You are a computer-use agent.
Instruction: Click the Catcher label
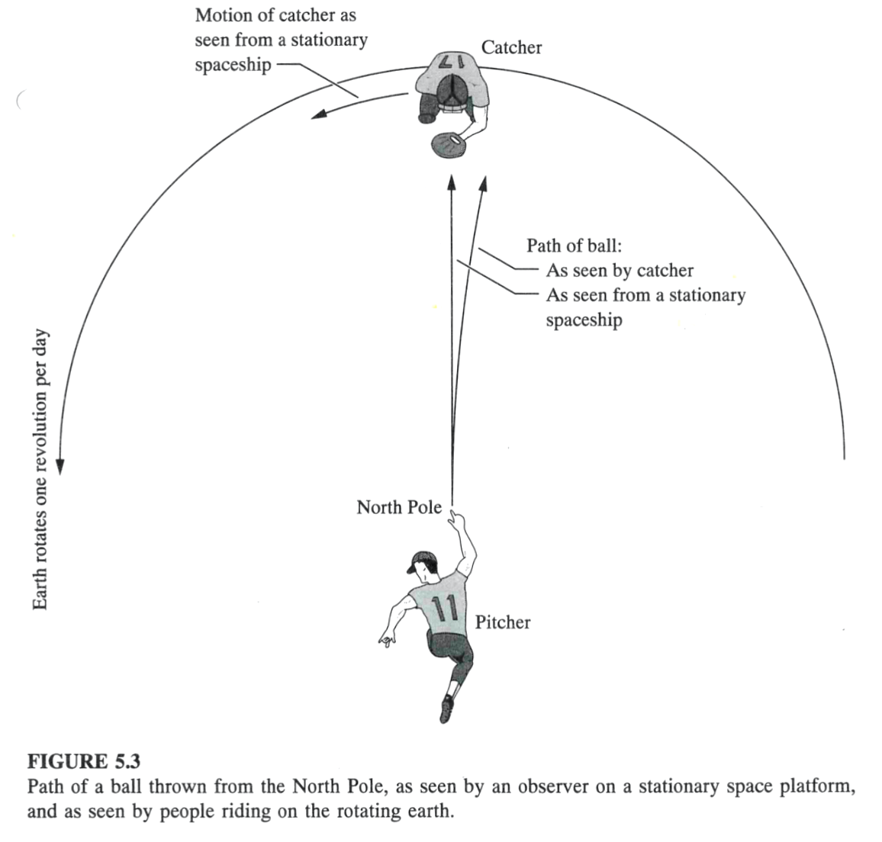(511, 48)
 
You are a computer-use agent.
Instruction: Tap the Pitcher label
(502, 622)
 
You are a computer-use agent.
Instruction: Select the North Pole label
(399, 507)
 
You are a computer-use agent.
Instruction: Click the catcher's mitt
(449, 145)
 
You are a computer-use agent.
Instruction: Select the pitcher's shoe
(446, 710)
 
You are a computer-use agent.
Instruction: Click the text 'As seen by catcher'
(620, 271)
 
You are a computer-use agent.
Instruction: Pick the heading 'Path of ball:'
(575, 246)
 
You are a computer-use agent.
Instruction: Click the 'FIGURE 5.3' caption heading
(84, 762)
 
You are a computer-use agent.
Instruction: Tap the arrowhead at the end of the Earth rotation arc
(60, 467)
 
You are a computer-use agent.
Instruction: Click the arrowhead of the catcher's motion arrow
(319, 114)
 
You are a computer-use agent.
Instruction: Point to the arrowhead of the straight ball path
(450, 183)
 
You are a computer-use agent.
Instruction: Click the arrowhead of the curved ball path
(483, 184)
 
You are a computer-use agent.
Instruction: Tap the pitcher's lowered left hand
(386, 640)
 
